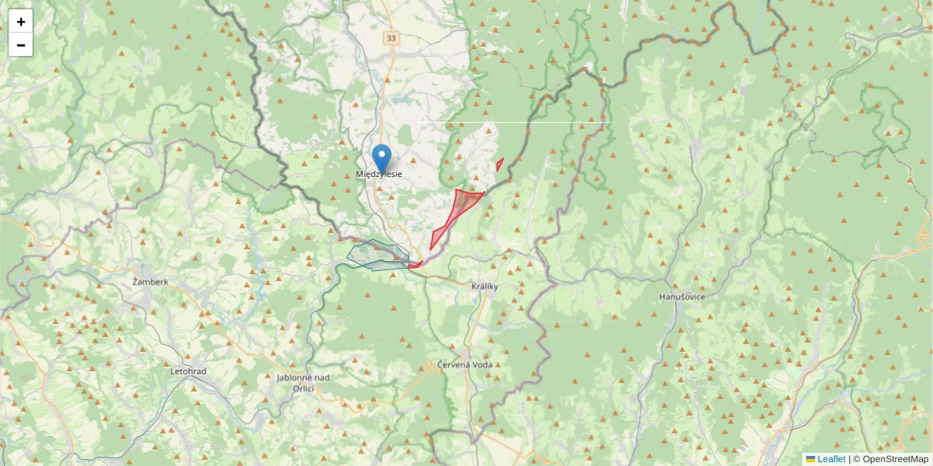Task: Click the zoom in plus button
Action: tap(21, 22)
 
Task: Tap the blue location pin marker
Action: tap(382, 158)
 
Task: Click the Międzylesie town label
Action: tap(379, 175)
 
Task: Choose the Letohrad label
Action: tap(188, 371)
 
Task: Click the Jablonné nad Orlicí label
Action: tap(303, 383)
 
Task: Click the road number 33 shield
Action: tap(390, 37)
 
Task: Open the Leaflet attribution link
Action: tap(831, 459)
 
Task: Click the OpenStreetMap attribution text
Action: tap(895, 459)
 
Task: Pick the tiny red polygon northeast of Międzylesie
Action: tap(499, 165)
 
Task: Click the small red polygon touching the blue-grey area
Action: tap(414, 265)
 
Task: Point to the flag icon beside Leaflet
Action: tap(810, 459)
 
